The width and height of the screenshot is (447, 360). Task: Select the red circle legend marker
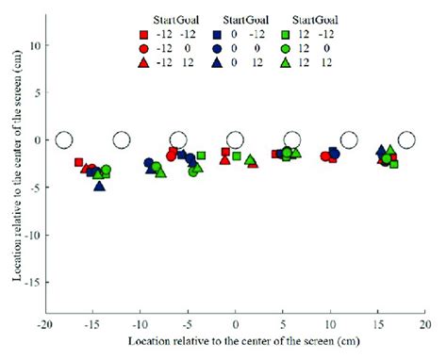(x=141, y=47)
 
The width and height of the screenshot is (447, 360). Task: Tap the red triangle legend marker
(x=141, y=61)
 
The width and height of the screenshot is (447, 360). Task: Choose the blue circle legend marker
(x=216, y=47)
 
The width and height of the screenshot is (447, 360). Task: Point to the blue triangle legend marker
(x=216, y=61)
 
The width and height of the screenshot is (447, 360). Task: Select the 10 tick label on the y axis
(x=34, y=44)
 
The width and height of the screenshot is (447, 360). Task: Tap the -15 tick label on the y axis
(x=32, y=282)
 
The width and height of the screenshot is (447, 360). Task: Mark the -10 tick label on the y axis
(x=32, y=235)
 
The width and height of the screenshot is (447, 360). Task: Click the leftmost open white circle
(x=63, y=140)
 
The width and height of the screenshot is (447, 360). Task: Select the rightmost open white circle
(x=406, y=140)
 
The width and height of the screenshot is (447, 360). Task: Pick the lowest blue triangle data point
(x=100, y=185)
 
